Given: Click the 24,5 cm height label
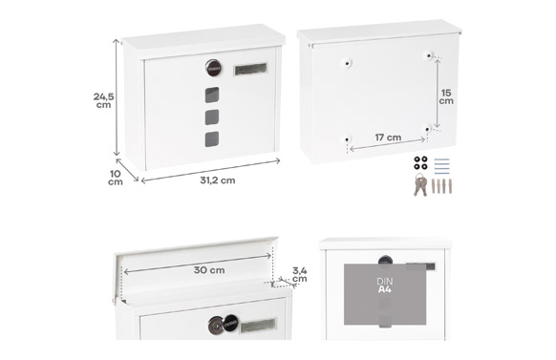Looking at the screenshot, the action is coord(103,100).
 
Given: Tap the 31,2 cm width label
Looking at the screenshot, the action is coord(218,180).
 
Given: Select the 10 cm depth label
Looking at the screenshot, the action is coord(116,178).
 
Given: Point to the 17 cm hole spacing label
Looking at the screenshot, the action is coord(388,138).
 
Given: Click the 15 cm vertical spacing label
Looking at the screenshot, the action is coord(446,96).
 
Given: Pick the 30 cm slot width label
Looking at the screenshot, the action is coord(209,270).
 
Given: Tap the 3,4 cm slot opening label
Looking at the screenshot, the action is coord(300,275).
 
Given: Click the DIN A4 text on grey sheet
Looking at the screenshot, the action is coord(385,286).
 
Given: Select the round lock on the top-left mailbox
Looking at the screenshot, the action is coord(213,68).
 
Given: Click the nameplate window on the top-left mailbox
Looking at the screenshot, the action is coord(250,69).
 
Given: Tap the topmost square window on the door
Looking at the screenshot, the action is coord(212,95).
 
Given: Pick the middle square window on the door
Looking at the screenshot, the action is coord(212,117).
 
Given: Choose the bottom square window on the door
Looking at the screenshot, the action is coord(212,139).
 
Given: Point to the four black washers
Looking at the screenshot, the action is coord(420,162).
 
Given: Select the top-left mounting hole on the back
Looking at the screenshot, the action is coord(347,64).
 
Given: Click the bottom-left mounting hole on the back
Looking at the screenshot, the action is coord(347,139).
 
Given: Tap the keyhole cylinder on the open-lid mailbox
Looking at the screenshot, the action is coord(216,325).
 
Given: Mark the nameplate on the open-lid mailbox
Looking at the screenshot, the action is coord(258,326).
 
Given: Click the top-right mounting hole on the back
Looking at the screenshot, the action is coord(429,55).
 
